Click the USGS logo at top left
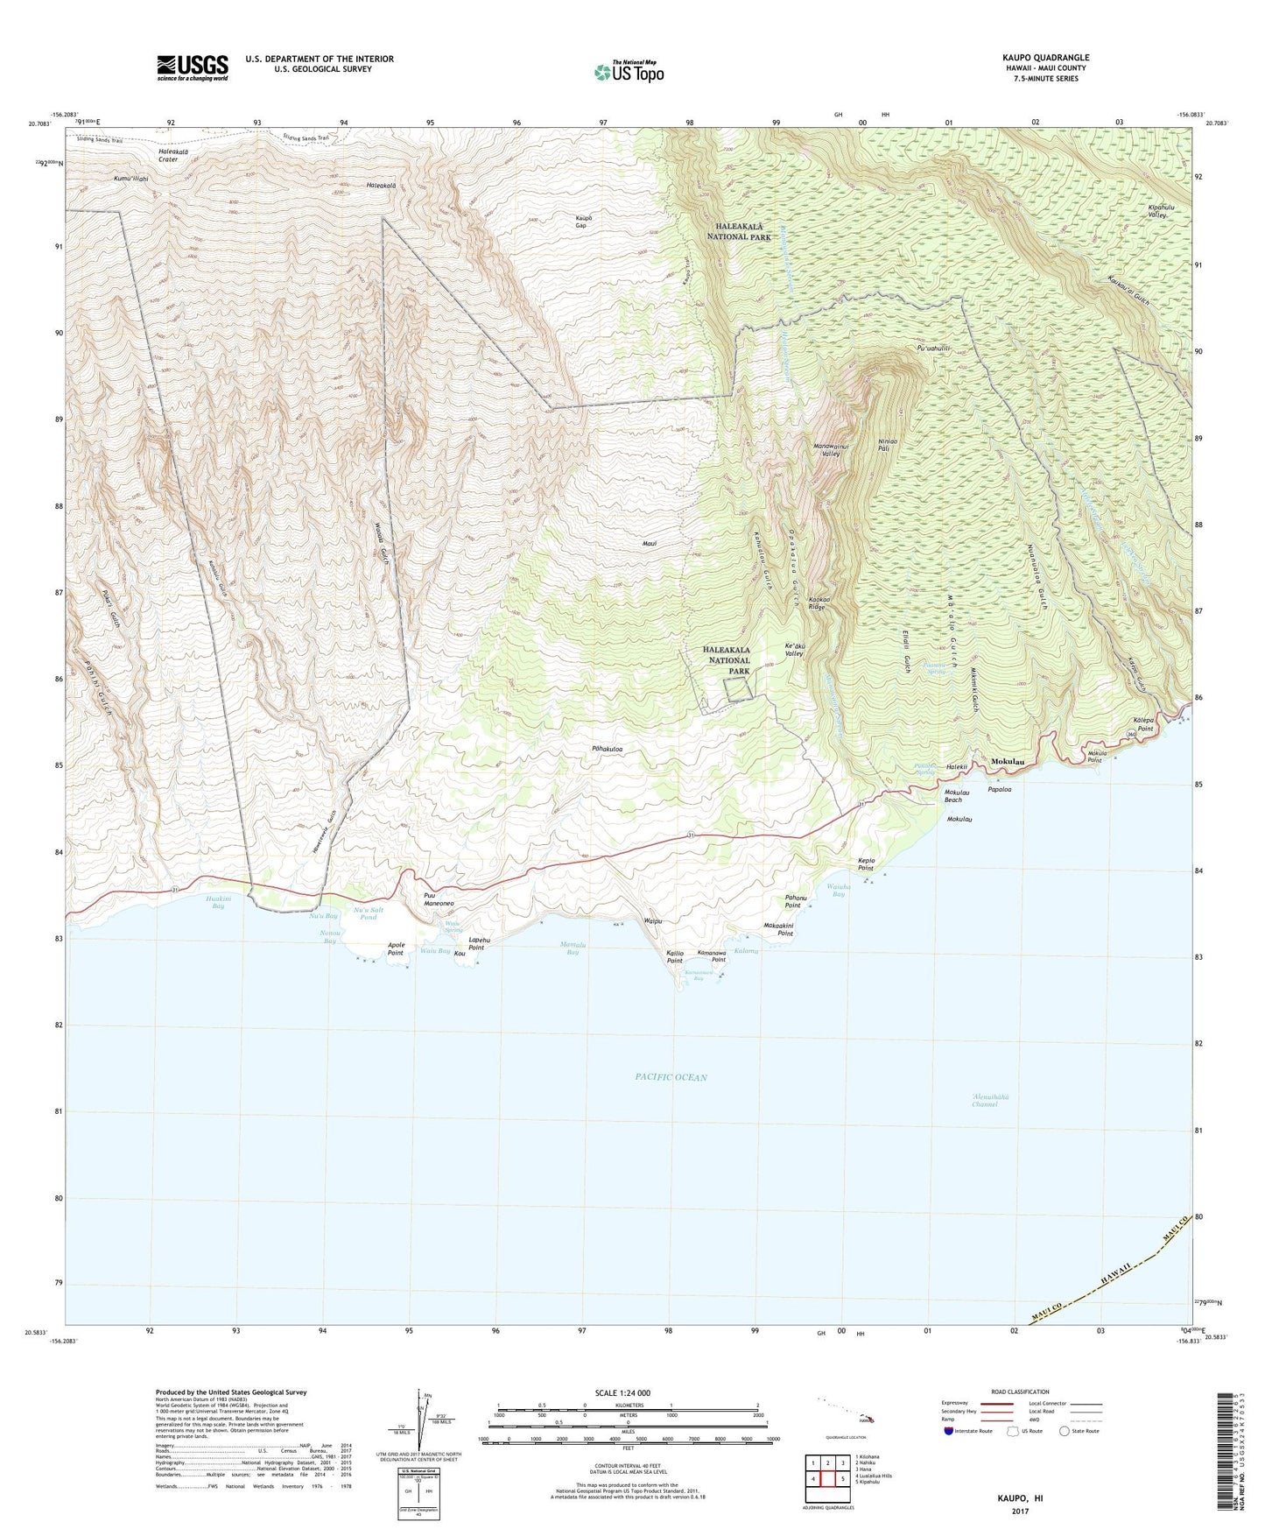[193, 67]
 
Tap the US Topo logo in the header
[628, 72]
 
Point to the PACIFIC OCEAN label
[671, 1077]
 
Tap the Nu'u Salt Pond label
[369, 913]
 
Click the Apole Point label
[396, 949]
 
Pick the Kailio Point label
[674, 956]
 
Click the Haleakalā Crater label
[168, 155]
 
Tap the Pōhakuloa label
[613, 750]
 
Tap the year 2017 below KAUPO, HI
[1020, 1511]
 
